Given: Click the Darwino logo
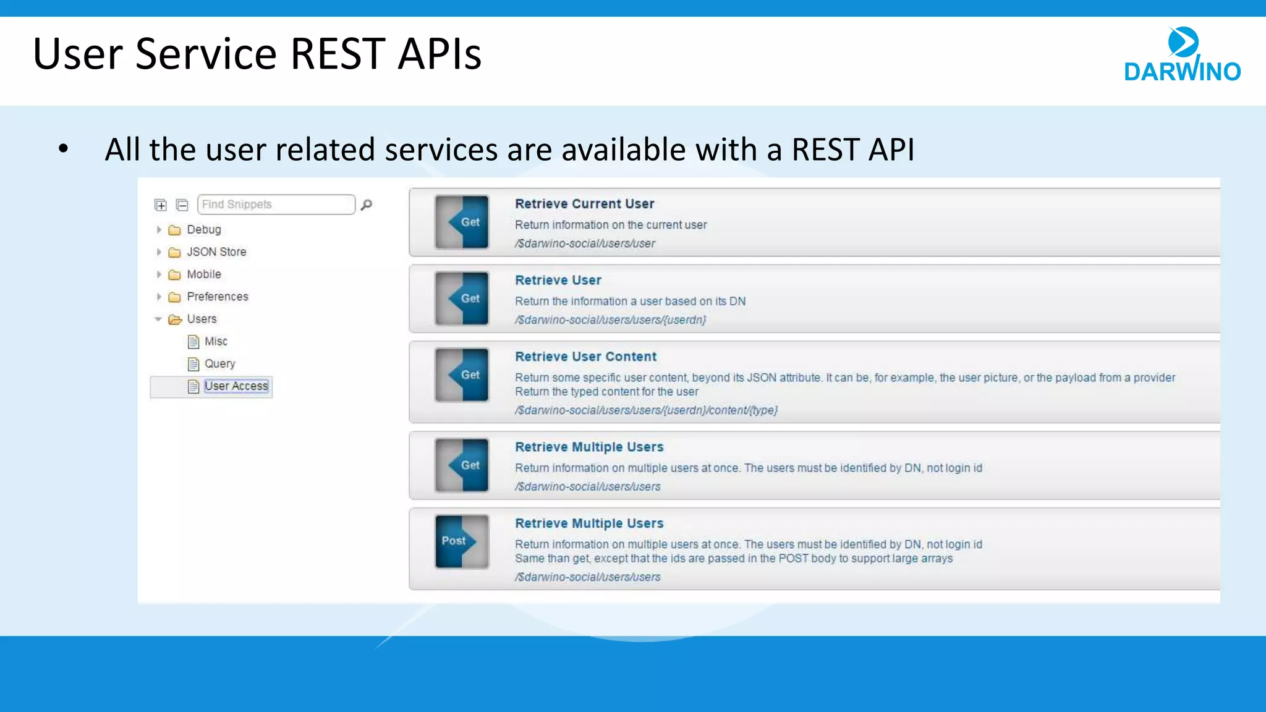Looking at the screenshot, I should (1181, 56).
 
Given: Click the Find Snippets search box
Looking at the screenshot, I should (276, 205).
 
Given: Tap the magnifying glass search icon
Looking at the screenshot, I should (367, 205).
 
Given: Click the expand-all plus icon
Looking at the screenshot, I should (161, 205).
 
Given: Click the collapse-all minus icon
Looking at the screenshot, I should (182, 205).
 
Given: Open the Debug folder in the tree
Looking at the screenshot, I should (203, 230).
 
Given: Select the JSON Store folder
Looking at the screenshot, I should (216, 252).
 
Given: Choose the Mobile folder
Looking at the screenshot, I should (203, 274).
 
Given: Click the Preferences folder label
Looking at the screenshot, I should (217, 297).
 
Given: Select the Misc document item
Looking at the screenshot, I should (215, 342).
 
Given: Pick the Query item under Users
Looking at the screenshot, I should (219, 364).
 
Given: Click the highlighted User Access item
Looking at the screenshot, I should (236, 386).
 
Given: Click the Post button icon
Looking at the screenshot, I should (461, 541).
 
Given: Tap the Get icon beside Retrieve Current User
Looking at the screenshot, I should (462, 222).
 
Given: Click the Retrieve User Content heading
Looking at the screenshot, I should (585, 357).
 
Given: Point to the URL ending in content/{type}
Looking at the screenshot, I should (646, 410).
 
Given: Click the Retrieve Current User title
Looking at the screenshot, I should (584, 204).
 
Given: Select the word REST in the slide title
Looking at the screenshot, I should (337, 54).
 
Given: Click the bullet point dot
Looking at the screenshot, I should (63, 149).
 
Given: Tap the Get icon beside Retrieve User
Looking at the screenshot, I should (462, 299).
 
